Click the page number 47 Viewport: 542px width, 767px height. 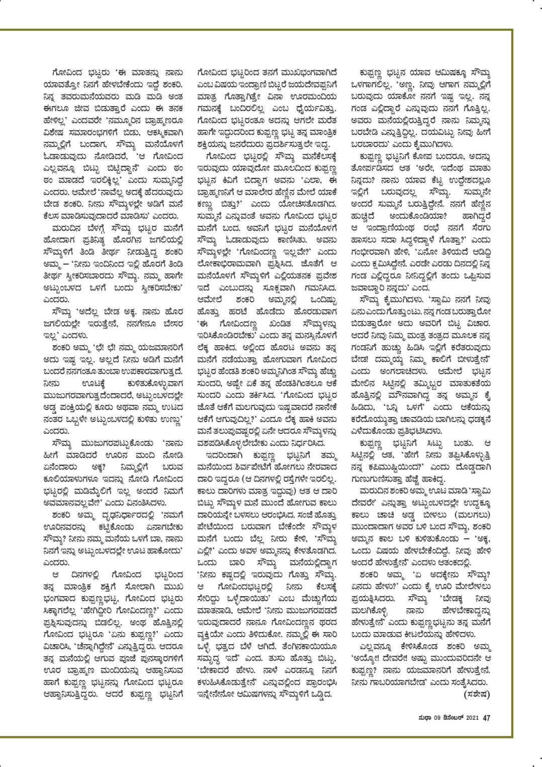tap(486, 718)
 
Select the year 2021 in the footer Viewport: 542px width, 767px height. tap(471, 718)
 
